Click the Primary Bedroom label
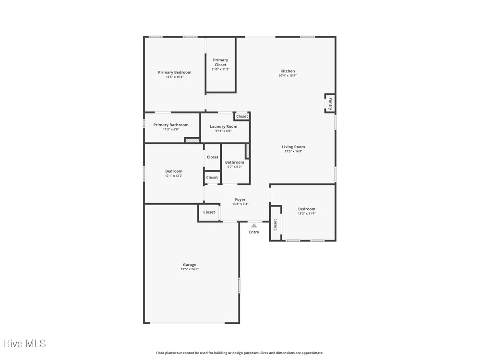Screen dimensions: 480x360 [175, 72]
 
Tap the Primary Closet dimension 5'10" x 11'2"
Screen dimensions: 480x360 [220, 69]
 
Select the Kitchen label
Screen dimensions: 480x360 [288, 71]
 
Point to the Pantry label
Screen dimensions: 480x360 [330, 104]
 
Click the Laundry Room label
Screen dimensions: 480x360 [224, 126]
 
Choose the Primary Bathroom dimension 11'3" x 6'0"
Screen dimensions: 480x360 [171, 130]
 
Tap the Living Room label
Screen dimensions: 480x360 [293, 147]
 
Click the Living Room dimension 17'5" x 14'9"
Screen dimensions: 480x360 [293, 151]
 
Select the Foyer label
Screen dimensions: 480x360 [240, 200]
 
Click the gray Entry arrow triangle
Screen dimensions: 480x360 [254, 226]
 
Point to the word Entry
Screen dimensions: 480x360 [254, 232]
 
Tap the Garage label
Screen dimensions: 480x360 [190, 265]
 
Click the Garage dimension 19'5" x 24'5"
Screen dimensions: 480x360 [190, 269]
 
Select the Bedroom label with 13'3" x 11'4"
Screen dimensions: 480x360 [307, 209]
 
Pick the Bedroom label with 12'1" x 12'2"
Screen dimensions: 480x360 [174, 171]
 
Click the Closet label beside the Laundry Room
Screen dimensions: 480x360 [242, 116]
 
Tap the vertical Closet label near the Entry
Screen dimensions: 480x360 [275, 225]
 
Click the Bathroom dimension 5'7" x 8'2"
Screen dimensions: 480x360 [235, 167]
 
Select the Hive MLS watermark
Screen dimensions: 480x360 [25, 344]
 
